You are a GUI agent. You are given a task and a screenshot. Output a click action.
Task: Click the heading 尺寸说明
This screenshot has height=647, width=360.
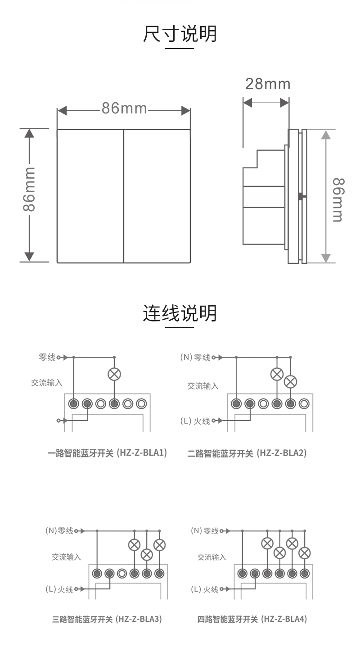[180, 34]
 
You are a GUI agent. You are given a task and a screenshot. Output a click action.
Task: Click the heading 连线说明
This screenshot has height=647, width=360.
[180, 313]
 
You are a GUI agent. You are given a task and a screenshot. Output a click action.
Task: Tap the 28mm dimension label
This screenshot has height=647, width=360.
[268, 84]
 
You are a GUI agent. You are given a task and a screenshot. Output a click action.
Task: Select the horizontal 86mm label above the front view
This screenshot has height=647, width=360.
[124, 109]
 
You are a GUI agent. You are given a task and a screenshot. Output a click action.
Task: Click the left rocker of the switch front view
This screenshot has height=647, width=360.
[90, 196]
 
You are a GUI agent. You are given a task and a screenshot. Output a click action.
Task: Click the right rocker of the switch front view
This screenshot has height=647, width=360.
[157, 196]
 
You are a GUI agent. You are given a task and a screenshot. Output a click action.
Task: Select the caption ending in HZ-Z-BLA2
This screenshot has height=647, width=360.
[247, 453]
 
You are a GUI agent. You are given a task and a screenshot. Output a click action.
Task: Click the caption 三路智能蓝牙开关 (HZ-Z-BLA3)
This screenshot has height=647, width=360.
[107, 619]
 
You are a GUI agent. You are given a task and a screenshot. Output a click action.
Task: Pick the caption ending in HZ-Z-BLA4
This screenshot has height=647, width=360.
[252, 619]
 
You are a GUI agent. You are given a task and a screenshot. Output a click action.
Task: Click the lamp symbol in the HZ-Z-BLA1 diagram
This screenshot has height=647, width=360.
[114, 374]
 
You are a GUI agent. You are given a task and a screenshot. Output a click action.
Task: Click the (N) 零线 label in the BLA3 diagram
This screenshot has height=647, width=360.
[59, 531]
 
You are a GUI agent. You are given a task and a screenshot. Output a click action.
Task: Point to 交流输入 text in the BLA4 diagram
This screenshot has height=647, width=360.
[211, 557]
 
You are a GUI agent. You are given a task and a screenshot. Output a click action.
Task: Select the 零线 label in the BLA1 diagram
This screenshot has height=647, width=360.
[47, 357]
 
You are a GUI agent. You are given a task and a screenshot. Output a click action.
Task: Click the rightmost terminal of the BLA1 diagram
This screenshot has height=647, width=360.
[141, 403]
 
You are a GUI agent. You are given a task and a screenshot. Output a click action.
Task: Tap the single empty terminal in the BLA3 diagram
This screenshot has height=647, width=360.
[121, 574]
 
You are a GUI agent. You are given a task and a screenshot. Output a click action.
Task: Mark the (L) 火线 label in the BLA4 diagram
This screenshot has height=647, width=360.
[204, 589]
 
